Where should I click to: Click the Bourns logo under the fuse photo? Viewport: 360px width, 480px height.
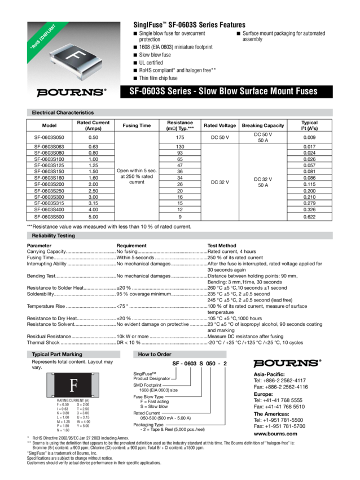pos(71,92)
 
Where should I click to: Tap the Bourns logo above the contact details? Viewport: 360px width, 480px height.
pos(287,362)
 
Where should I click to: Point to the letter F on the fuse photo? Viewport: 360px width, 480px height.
pos(74,57)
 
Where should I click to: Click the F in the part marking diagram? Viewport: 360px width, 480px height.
pos(73,386)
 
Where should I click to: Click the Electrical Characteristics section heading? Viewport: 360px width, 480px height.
pos(63,112)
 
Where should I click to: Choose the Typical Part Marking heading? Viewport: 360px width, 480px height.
pos(58,354)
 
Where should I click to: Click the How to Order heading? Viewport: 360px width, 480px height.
pos(156,354)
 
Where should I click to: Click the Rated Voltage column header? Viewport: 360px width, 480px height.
pos(219,125)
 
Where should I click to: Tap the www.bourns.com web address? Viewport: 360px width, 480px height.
pos(275,434)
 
